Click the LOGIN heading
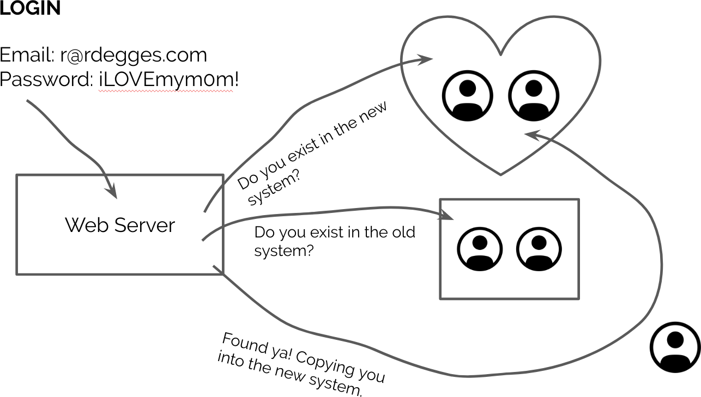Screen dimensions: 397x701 [30, 9]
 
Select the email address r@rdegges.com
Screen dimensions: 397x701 [134, 55]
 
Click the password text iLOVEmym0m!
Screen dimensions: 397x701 [168, 80]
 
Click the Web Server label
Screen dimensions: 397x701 [120, 225]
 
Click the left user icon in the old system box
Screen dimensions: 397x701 [480, 249]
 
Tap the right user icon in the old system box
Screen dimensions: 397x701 [539, 249]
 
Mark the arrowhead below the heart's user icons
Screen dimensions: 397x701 [531, 135]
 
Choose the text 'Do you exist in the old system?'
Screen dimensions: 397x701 [335, 241]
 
